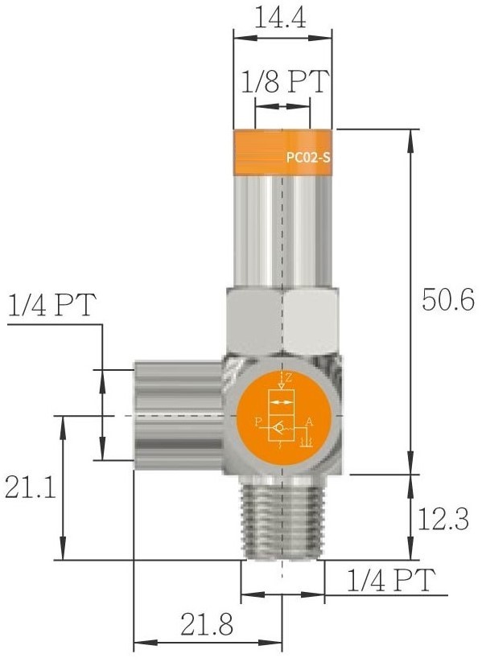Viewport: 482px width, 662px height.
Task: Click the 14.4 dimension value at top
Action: coord(281,19)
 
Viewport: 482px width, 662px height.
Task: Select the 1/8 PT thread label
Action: coord(285,81)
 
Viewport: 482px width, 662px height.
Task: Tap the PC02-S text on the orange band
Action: coord(308,158)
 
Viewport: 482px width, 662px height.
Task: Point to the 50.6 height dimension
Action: coord(448,300)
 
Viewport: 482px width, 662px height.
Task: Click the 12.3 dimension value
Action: coord(443,519)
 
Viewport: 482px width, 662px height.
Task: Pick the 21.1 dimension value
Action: coord(30,487)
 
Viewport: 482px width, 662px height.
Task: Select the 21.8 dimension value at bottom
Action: coord(207,624)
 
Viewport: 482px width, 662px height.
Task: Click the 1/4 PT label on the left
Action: coord(52,305)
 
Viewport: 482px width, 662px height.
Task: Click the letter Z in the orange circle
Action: coord(288,378)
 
